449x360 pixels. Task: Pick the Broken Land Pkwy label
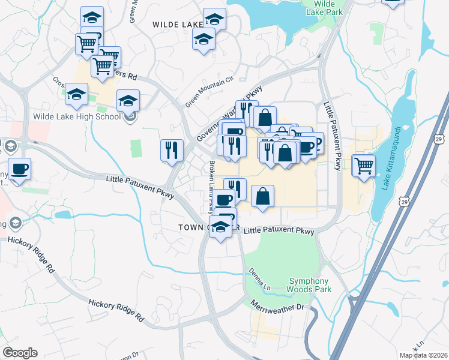[x=211, y=186]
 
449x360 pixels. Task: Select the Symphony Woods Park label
[x=309, y=285]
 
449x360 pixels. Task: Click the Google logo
[x=20, y=353]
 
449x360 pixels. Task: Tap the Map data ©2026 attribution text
[x=423, y=355]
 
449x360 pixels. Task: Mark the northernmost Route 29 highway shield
[x=439, y=139]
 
